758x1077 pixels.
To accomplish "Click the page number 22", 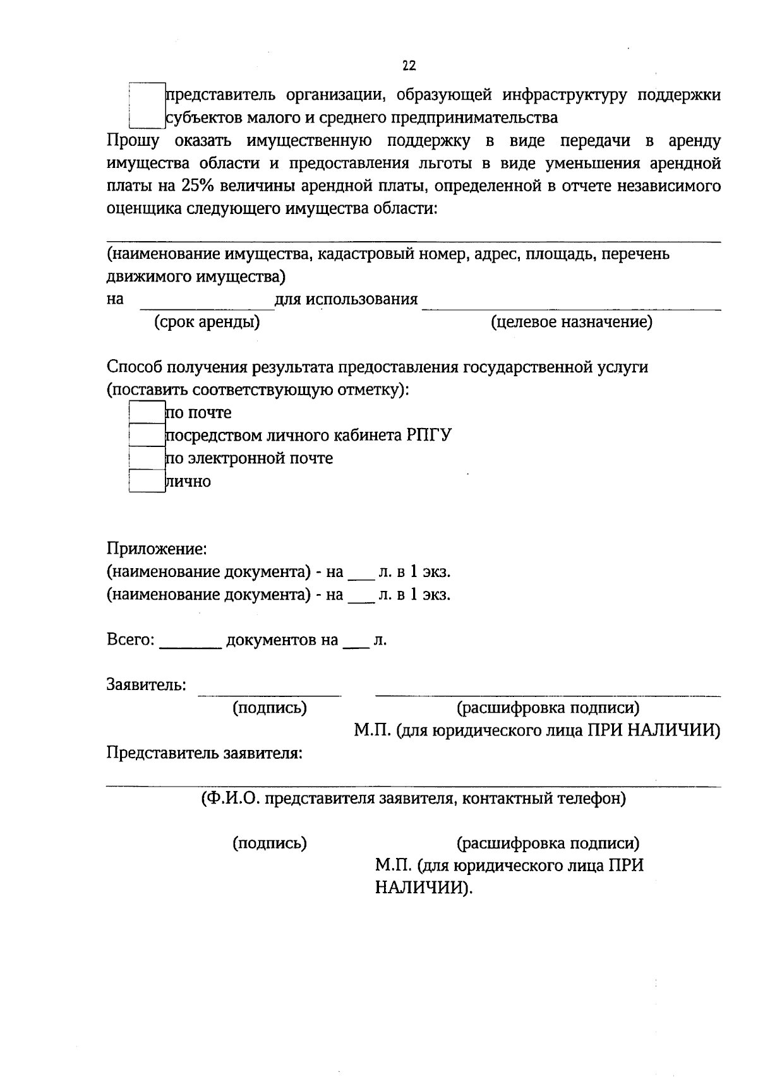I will [409, 66].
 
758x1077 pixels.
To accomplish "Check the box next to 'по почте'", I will [147, 412].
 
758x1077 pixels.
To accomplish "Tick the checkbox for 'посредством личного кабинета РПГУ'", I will [147, 435].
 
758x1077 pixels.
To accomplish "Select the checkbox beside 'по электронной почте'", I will [147, 458].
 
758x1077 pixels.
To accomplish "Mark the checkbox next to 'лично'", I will [147, 481].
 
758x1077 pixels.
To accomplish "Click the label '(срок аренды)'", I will [207, 322].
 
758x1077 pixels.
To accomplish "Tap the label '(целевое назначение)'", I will [572, 322].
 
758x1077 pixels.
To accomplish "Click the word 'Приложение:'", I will [157, 549].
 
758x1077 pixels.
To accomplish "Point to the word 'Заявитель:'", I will [146, 684].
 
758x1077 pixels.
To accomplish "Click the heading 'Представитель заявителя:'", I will [204, 753].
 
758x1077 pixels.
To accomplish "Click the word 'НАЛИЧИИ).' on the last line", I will [424, 888].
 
